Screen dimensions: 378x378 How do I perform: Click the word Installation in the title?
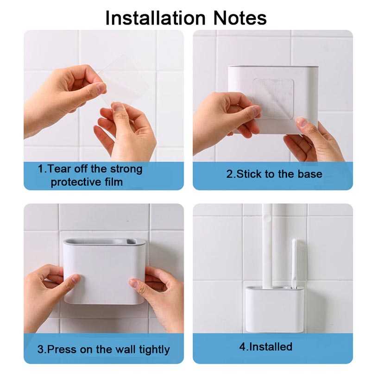(x=156, y=18)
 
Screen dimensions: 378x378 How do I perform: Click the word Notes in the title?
(x=240, y=18)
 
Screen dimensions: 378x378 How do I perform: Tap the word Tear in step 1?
(x=59, y=169)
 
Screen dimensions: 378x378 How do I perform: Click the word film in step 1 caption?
(x=114, y=182)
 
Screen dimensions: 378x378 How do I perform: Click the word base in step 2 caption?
(x=310, y=174)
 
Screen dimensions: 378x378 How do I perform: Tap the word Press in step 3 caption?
(x=62, y=349)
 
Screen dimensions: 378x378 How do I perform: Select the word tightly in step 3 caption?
(x=154, y=350)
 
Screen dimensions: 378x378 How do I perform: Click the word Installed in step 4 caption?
(x=271, y=346)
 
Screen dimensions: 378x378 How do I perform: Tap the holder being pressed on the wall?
(x=104, y=271)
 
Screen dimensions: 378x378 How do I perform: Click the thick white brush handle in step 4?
(x=267, y=246)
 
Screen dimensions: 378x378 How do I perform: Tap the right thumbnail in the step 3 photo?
(x=134, y=283)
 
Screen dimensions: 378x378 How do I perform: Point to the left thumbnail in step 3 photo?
(x=76, y=279)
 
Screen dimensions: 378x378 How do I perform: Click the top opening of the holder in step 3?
(x=104, y=241)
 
